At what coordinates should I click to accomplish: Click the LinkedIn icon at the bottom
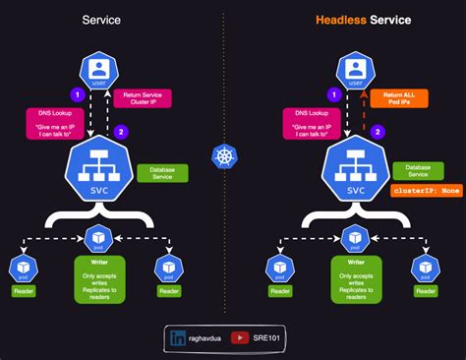pos(179,337)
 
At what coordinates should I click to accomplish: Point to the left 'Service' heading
pos(101,19)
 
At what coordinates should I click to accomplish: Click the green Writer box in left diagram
pos(100,279)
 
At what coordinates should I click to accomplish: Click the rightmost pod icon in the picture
pos(425,267)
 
